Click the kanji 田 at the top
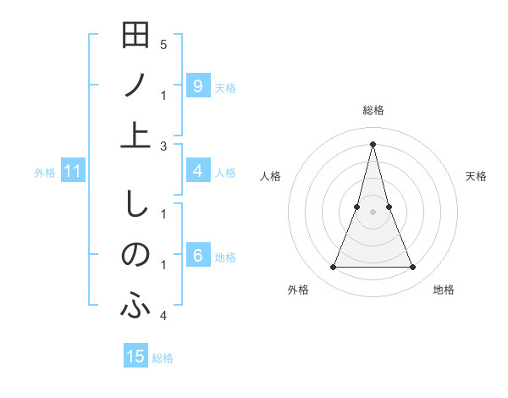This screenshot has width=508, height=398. tap(135, 36)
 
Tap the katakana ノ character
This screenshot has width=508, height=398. tap(135, 85)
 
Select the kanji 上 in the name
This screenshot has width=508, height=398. tap(135, 135)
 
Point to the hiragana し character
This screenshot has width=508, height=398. tap(135, 206)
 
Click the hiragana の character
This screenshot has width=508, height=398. tap(135, 255)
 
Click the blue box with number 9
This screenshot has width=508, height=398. tap(197, 86)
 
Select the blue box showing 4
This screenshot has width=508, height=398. tap(197, 171)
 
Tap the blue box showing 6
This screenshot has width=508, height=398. tap(197, 256)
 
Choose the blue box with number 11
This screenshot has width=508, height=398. tap(72, 172)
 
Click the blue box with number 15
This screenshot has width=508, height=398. tap(135, 357)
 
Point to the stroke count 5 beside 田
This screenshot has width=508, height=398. tap(163, 43)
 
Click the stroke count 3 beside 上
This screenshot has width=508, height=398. tap(163, 146)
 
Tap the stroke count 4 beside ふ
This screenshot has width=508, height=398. tap(163, 316)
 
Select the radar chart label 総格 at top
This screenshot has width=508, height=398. tap(373, 110)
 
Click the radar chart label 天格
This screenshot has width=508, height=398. tap(477, 176)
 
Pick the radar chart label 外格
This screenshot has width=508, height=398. tap(298, 290)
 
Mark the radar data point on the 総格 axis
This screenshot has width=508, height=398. tap(373, 143)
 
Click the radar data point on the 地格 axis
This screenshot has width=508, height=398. tap(413, 268)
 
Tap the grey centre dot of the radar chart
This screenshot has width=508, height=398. tap(373, 212)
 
